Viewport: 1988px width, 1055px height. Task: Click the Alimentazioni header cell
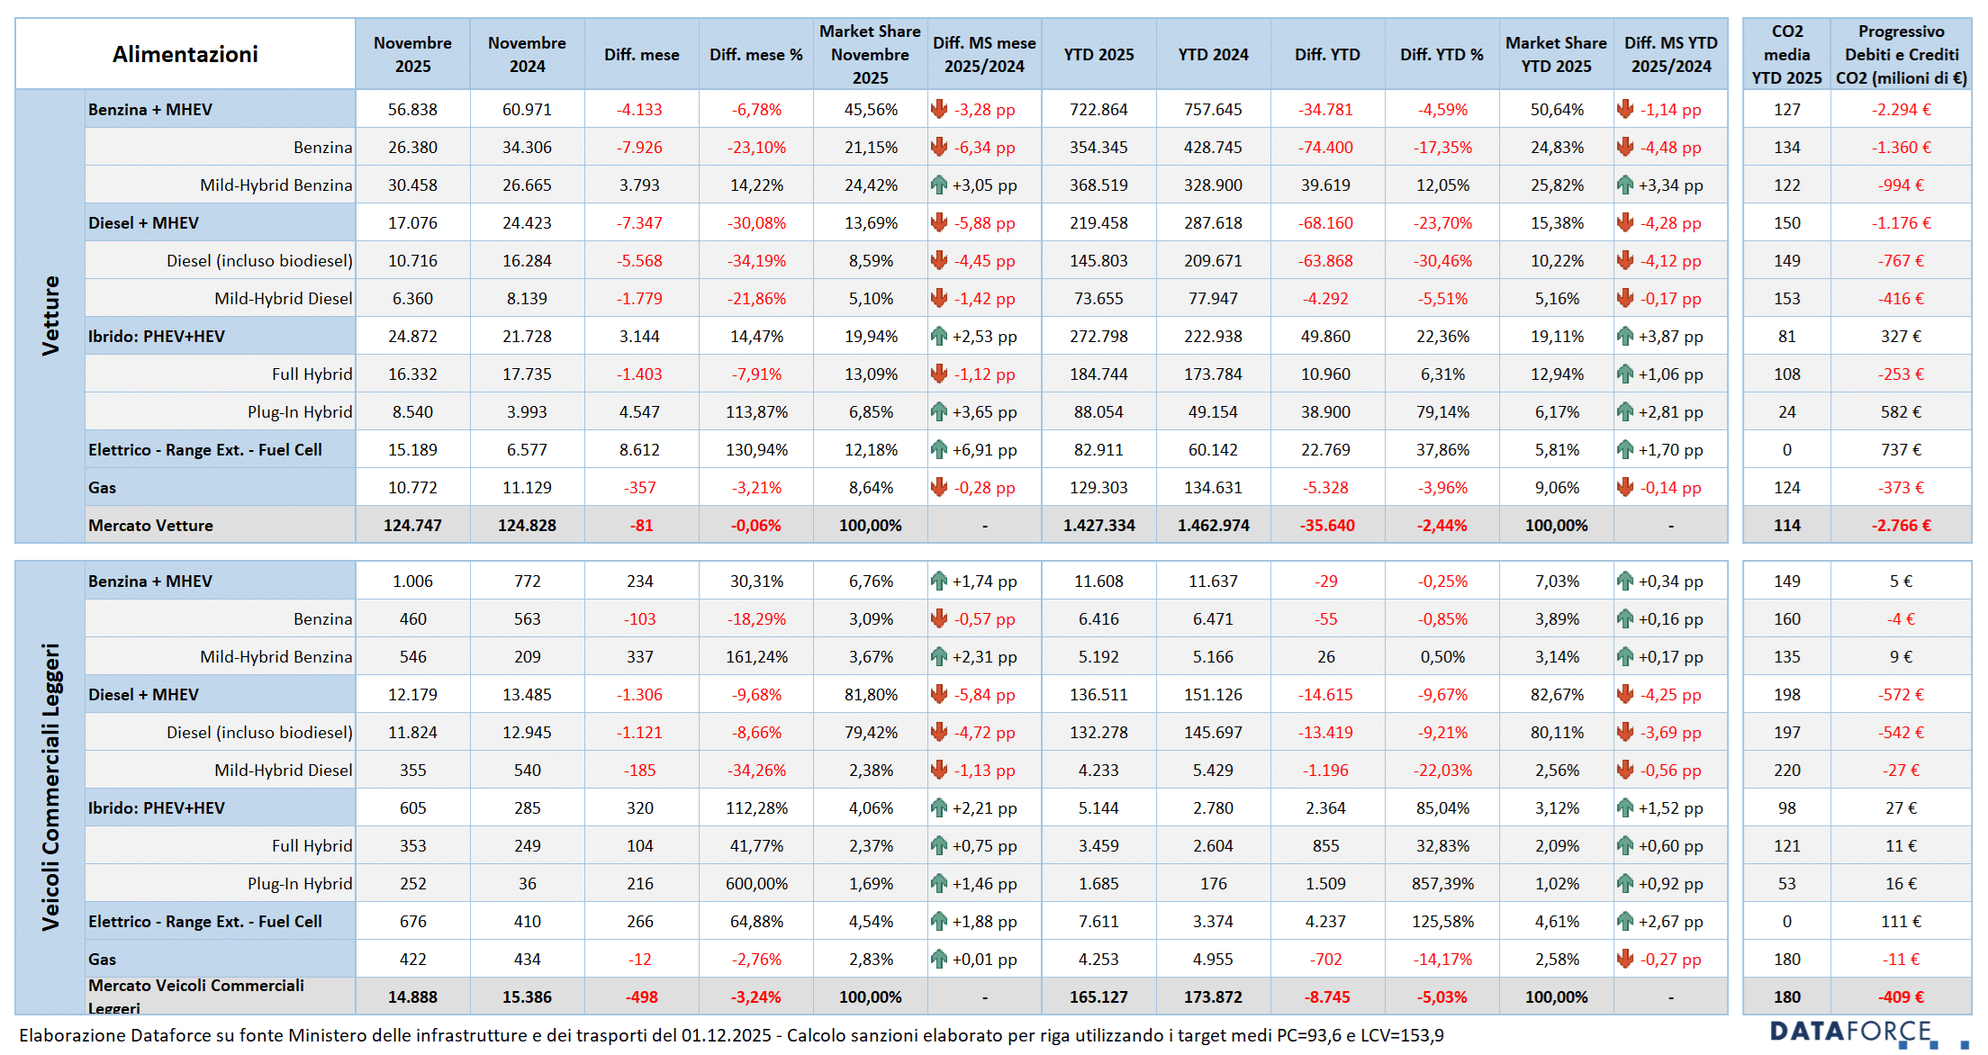185,54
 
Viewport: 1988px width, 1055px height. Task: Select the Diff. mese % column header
755,54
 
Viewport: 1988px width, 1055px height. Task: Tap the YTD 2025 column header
1098,54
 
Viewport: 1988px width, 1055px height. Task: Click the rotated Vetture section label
50,315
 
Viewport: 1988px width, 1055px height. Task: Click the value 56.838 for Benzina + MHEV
412,110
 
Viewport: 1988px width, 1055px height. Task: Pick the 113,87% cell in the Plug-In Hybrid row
756,412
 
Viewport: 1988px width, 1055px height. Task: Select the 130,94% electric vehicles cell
756,450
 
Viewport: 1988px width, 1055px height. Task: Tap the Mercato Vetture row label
150,526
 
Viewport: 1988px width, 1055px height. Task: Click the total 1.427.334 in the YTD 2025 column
1098,526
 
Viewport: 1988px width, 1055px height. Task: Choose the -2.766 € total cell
1901,526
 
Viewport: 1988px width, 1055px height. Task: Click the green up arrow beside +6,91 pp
939,449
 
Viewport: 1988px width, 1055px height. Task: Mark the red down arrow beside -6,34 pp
939,147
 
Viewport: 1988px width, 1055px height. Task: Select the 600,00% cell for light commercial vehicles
756,884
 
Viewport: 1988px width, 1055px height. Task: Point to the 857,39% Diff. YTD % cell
1442,884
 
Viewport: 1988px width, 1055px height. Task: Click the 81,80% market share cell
871,695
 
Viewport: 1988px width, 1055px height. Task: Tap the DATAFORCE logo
1851,1032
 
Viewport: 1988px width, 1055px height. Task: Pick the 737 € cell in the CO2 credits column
1901,450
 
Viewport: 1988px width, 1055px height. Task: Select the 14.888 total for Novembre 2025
412,997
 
